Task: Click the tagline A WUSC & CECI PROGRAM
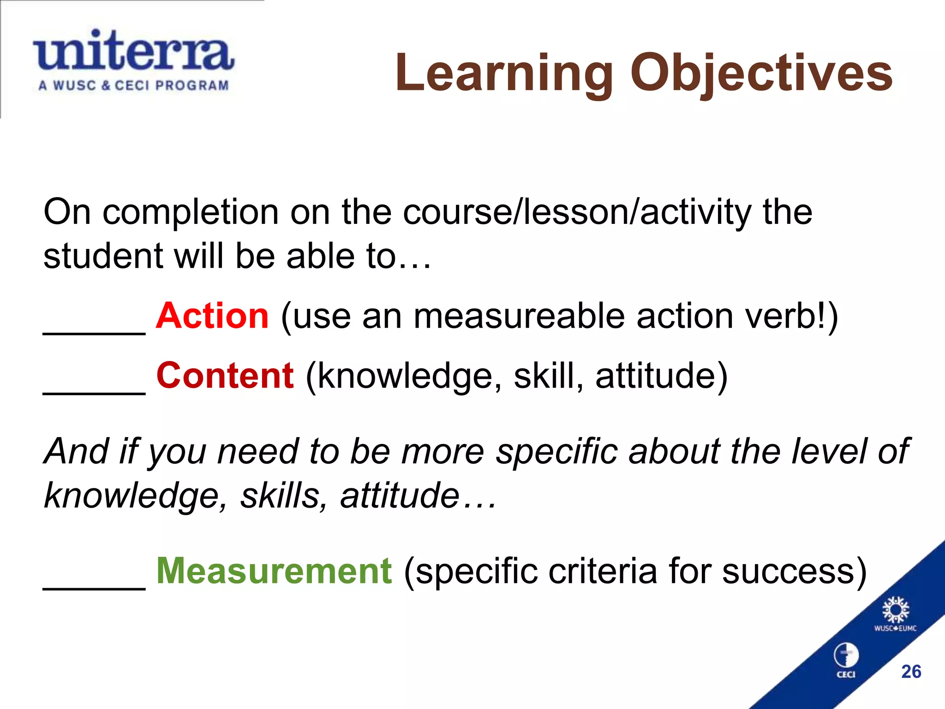coord(133,85)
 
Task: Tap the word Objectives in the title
coord(761,74)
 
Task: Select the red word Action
coord(212,316)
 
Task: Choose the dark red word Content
coord(225,376)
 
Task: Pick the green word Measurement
coord(274,571)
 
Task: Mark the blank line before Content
coord(94,391)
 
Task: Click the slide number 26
coord(911,672)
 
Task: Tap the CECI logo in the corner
coord(846,661)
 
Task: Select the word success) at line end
coord(794,571)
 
